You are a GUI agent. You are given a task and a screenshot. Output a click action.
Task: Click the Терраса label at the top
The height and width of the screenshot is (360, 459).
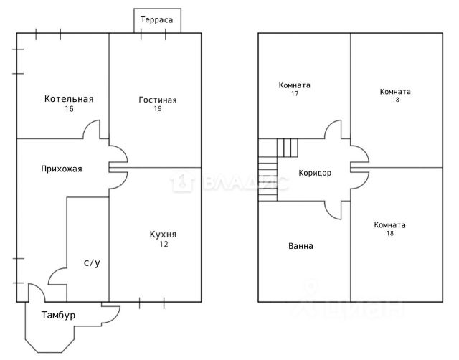pos(157,21)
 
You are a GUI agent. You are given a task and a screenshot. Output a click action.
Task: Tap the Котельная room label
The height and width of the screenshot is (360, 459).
pos(69,99)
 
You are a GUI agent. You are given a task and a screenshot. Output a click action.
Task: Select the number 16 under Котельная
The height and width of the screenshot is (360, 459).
pos(69,109)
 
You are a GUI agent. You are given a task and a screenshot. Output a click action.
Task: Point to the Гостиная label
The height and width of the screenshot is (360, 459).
pos(157,100)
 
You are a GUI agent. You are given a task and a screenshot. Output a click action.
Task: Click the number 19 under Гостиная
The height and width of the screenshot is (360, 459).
pos(157,109)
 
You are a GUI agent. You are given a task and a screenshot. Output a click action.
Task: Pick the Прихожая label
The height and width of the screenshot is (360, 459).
pos(62,169)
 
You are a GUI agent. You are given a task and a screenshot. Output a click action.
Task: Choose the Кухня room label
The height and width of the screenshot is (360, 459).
pos(163,235)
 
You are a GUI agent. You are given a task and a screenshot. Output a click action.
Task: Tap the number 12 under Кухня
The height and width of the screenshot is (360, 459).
pos(164,245)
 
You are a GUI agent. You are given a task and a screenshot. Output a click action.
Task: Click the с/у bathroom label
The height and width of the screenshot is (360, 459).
pos(92,263)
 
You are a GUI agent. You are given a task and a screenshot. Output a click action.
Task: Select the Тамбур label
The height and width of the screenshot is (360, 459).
pos(58,316)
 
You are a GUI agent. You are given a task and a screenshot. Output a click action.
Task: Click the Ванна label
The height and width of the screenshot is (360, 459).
pos(301,246)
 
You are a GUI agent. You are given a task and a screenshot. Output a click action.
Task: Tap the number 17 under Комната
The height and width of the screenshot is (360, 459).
pos(294,94)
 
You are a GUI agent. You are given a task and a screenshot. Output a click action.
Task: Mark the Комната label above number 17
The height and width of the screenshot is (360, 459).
pos(294,85)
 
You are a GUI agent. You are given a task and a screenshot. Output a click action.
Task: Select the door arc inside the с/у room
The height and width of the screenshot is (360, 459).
pos(57,276)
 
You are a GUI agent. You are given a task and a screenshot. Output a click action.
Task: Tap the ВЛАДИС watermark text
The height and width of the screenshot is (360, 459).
pos(229,184)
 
